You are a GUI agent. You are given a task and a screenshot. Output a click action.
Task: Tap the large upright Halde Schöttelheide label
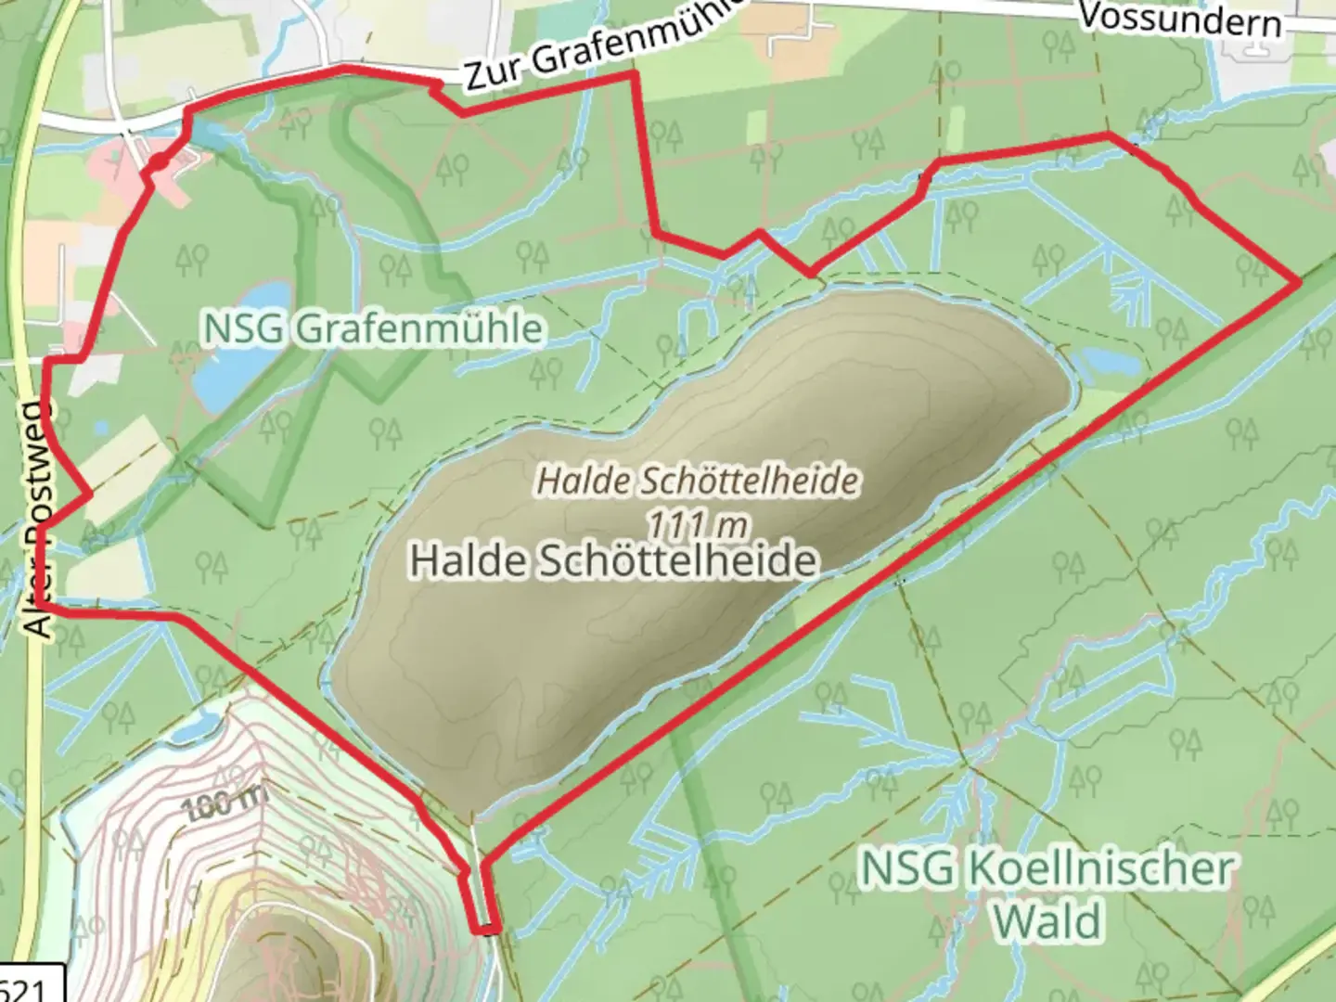(613, 560)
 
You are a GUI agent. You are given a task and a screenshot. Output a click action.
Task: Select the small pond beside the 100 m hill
(193, 730)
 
